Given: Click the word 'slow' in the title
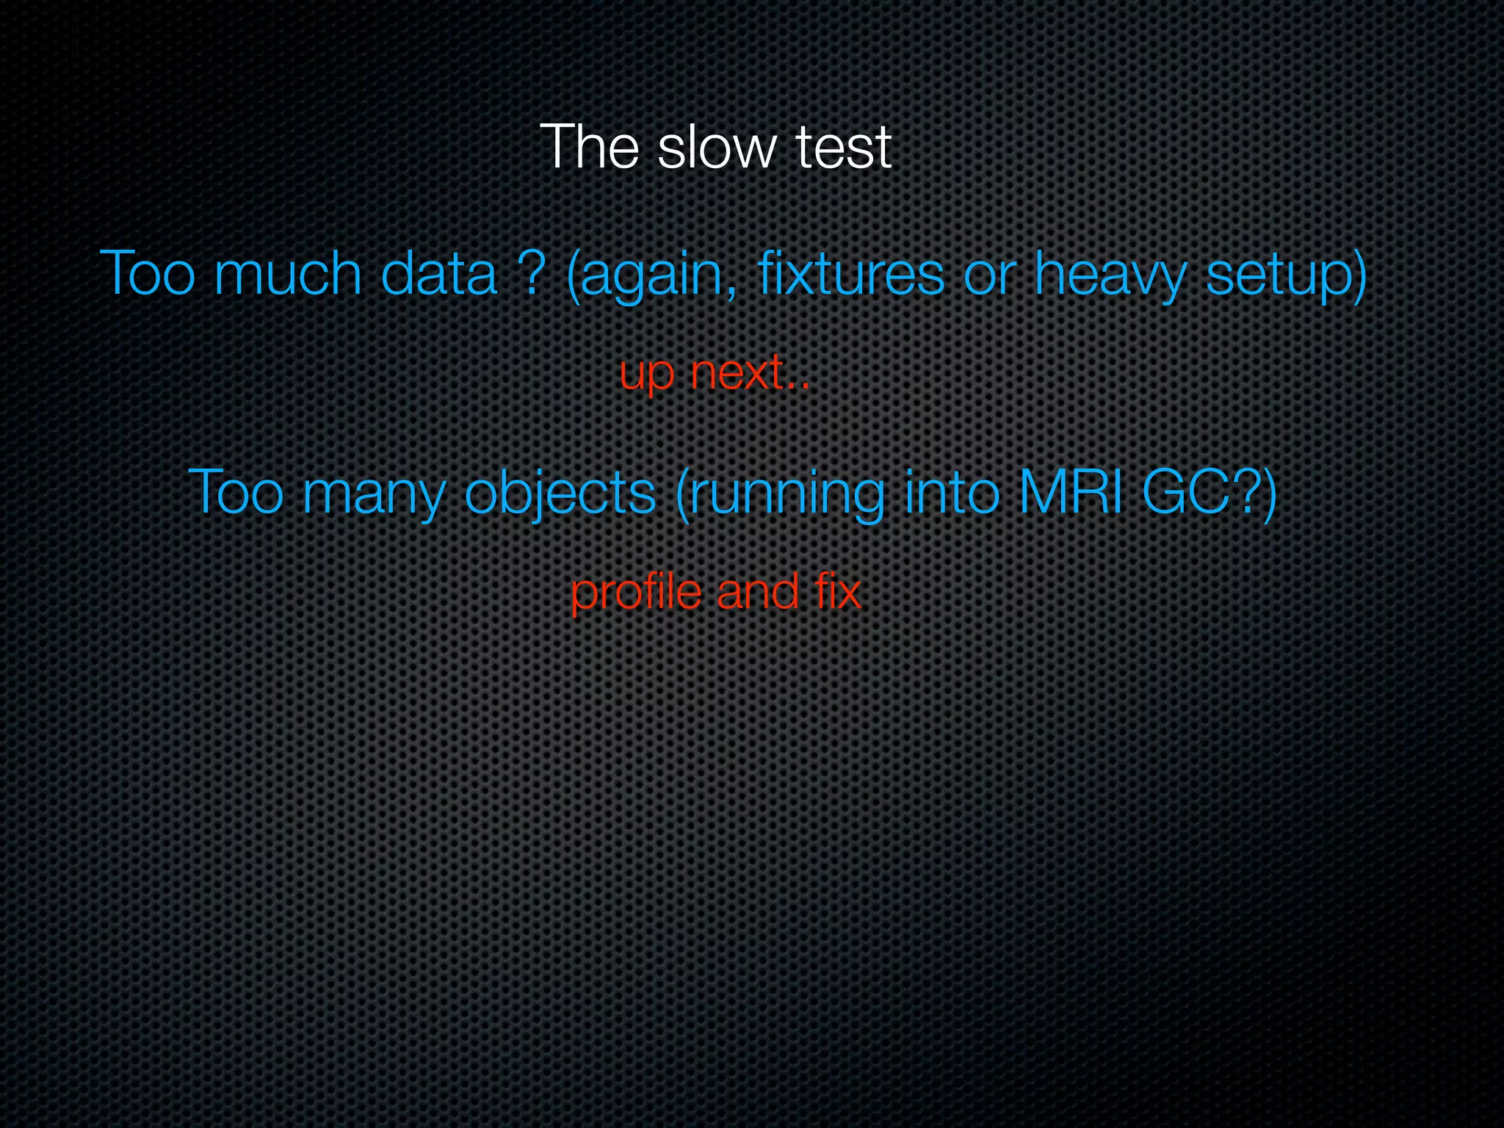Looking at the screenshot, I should coord(716,148).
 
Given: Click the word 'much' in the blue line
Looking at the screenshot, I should coord(288,273).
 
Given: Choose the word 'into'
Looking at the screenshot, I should coord(952,492).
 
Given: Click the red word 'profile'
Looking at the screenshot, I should coord(635,592).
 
